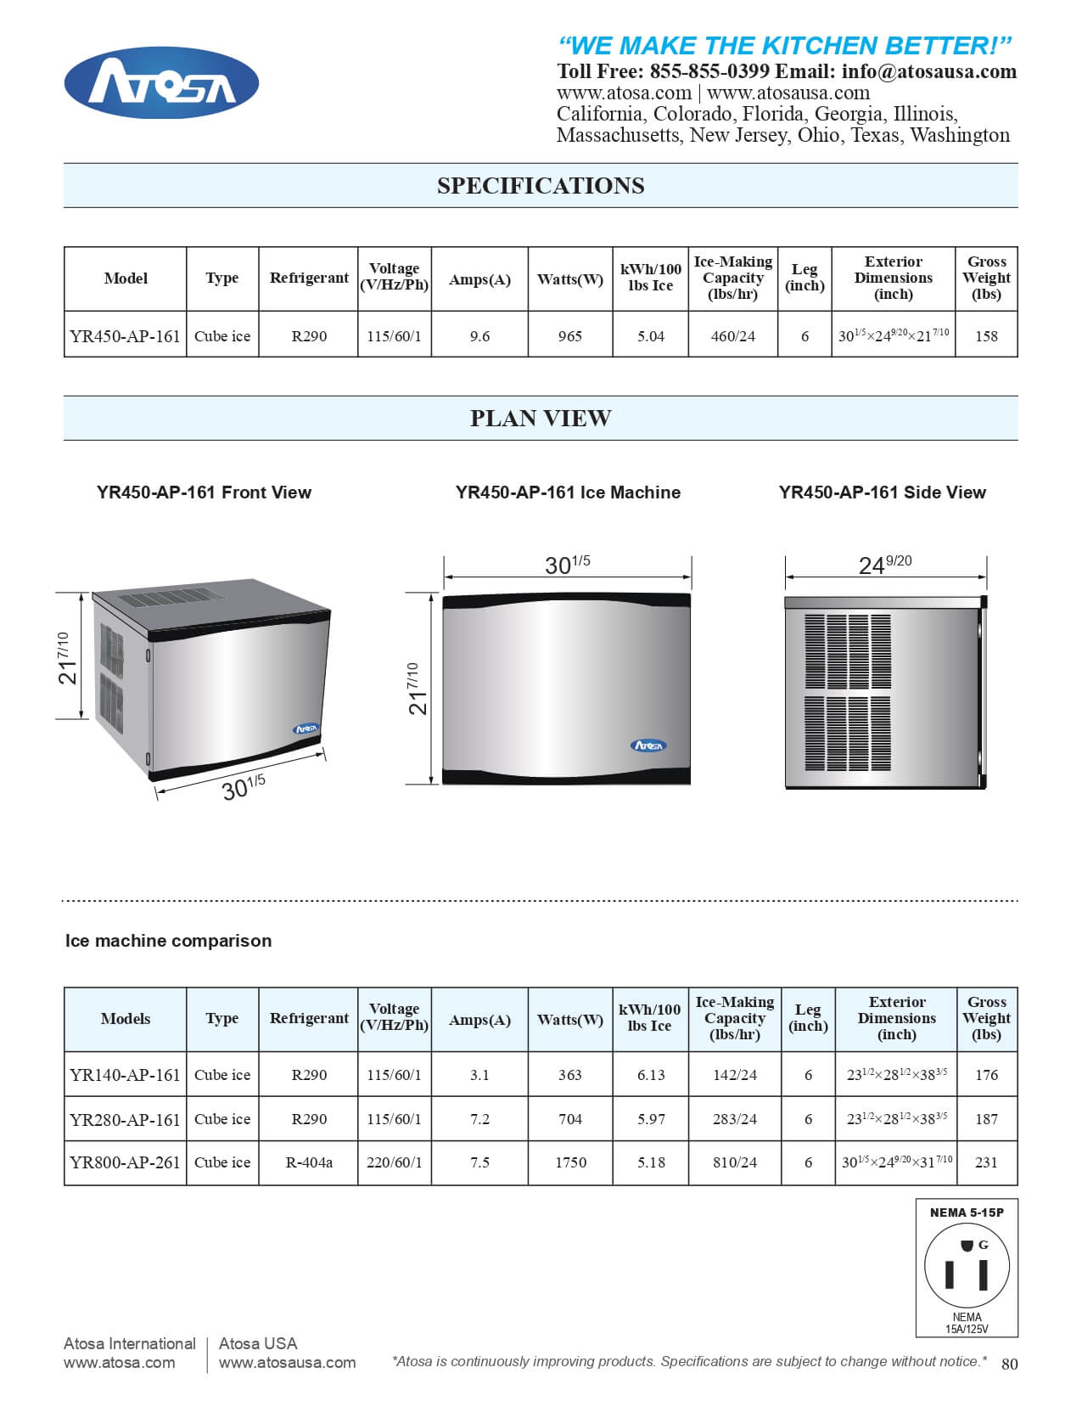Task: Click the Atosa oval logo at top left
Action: click(161, 83)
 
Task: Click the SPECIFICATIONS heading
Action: click(541, 186)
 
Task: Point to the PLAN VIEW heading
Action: click(541, 419)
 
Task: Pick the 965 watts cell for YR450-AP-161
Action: click(570, 336)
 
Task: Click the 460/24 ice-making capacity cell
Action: click(733, 336)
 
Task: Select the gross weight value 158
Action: click(986, 336)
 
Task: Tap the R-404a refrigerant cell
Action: click(309, 1162)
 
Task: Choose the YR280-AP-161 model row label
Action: click(126, 1119)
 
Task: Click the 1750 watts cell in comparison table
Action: click(570, 1162)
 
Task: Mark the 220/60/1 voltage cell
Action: click(394, 1162)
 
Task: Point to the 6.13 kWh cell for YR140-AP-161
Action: click(651, 1075)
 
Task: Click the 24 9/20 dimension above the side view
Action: click(885, 565)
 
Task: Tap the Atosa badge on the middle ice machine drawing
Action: click(648, 746)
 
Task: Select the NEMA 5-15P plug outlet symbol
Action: click(967, 1269)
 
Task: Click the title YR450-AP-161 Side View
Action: click(882, 492)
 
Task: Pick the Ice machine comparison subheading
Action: click(168, 941)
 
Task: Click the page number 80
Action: click(1009, 1364)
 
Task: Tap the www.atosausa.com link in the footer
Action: click(287, 1363)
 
